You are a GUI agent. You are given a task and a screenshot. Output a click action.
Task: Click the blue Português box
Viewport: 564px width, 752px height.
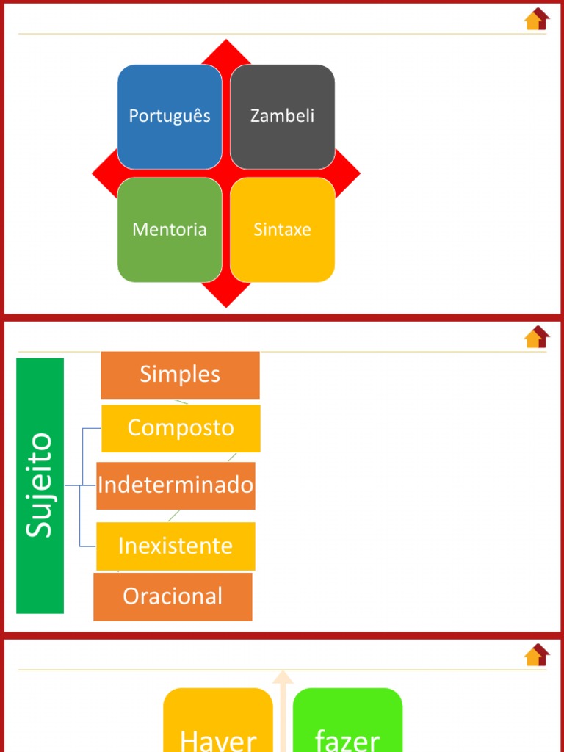click(170, 117)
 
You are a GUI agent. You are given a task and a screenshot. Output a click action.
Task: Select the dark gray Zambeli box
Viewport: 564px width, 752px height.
click(283, 117)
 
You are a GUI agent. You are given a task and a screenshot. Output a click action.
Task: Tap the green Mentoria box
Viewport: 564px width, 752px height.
click(170, 230)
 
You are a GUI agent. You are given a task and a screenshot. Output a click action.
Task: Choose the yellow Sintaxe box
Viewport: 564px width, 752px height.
click(283, 230)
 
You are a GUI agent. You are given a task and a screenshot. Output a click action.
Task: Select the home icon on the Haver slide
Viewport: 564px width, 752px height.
click(537, 654)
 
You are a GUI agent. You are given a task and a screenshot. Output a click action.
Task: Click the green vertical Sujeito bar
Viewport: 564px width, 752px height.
click(40, 486)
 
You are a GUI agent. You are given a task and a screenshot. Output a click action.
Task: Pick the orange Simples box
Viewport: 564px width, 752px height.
click(180, 375)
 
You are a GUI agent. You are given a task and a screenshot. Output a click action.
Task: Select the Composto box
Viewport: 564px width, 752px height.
click(181, 428)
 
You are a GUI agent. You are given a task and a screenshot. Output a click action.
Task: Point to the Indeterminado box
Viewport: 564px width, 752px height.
click(176, 486)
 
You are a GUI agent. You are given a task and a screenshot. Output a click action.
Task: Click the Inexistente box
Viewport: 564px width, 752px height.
click(176, 546)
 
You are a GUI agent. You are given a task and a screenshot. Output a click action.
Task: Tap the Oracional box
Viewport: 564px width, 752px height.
click(173, 596)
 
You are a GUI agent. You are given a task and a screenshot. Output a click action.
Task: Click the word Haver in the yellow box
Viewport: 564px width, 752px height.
click(218, 741)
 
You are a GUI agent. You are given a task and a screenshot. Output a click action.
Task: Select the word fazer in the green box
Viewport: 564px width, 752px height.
click(347, 741)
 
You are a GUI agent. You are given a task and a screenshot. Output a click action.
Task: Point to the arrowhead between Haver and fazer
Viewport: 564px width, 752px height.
click(283, 677)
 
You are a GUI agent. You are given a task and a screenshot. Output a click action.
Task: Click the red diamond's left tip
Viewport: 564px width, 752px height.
click(92, 173)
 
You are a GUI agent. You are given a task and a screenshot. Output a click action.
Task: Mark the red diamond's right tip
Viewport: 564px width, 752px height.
click(360, 173)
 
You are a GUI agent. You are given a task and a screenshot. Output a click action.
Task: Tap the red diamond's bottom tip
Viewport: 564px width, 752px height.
click(226, 307)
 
